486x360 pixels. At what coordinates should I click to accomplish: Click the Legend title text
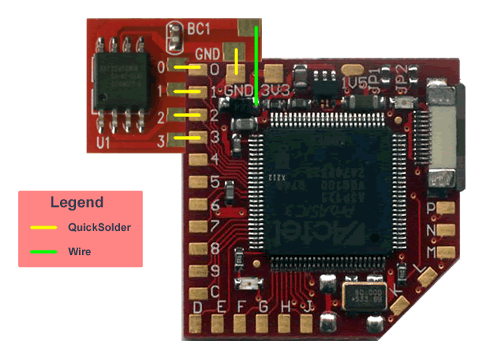77,203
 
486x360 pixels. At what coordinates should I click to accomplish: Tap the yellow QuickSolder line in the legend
43,227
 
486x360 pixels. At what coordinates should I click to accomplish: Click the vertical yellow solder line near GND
237,62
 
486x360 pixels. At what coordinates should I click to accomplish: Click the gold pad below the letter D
197,324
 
